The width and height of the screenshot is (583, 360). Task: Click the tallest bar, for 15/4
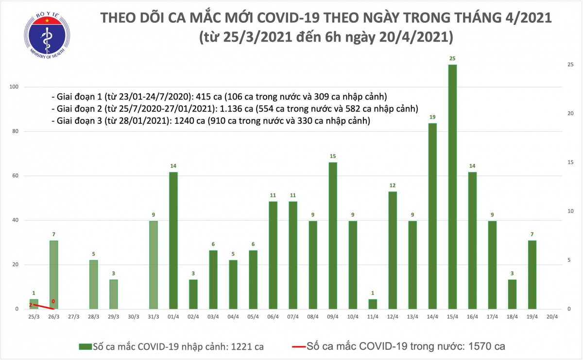coord(452,187)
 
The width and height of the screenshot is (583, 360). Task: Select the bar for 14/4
coord(432,216)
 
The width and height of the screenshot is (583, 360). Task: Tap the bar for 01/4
coord(173,240)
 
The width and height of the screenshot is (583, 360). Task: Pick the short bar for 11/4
coord(372,304)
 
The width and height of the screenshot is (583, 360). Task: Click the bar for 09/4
coord(332,236)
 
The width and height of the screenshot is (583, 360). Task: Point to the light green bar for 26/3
coord(53,274)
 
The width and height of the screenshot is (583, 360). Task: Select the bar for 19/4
coord(532,274)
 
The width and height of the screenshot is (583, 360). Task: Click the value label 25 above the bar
coord(452,58)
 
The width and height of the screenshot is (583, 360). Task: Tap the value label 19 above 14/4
coord(432,117)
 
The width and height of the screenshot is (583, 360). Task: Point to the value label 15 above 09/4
coord(332,156)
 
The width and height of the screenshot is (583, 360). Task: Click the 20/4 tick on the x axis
coord(552,316)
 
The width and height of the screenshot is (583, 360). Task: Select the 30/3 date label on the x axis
coord(133,316)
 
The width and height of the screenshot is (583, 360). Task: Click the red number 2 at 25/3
coord(30,305)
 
